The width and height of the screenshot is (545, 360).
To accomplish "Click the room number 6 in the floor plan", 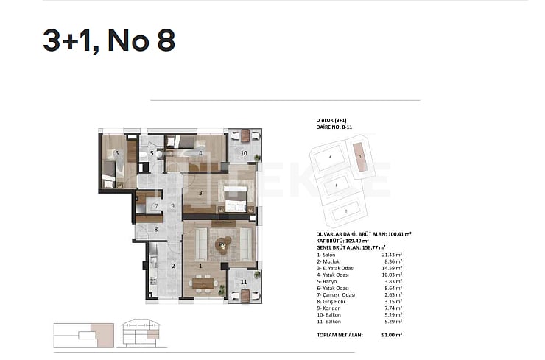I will [x=116, y=154].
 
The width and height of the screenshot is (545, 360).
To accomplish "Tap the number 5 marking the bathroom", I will [x=152, y=154].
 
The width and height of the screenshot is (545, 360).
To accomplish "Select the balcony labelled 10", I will [x=244, y=153].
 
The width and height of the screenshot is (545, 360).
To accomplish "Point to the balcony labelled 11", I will [x=244, y=282].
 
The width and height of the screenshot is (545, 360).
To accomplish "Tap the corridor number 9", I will [x=171, y=206].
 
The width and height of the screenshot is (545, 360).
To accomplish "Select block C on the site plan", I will [x=345, y=211].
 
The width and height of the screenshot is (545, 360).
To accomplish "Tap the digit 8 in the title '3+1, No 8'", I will [x=164, y=41].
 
